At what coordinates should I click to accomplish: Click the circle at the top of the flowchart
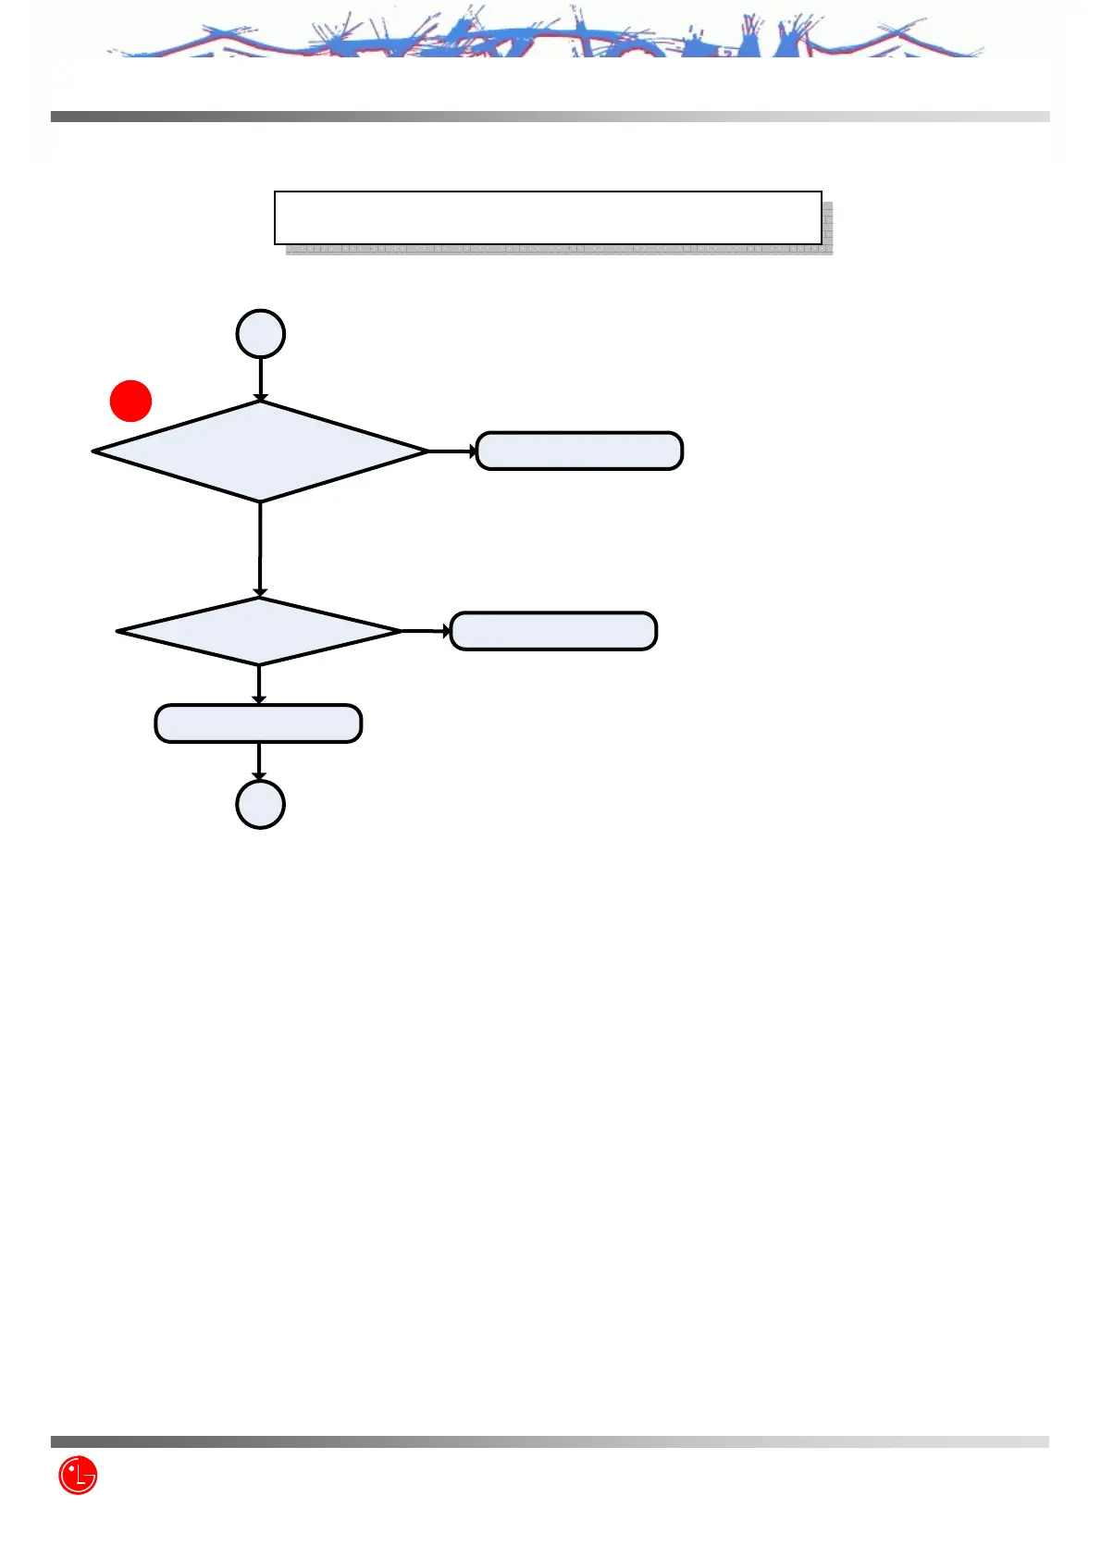click(261, 334)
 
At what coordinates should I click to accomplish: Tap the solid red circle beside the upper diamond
click(131, 401)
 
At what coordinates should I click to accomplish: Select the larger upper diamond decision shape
click(261, 451)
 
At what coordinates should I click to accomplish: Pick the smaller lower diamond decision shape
click(259, 631)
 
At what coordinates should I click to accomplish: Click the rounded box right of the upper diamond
click(579, 451)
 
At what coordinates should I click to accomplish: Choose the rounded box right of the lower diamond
click(553, 631)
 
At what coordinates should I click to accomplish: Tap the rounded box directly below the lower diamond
click(258, 723)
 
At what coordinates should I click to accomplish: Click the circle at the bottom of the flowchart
click(261, 804)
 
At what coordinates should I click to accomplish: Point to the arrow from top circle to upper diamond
click(261, 379)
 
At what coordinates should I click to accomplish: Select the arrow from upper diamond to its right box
click(452, 451)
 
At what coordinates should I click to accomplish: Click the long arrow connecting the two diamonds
click(260, 550)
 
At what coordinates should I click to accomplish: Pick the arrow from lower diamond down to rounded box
click(259, 685)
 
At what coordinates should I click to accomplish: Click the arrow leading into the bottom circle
click(259, 761)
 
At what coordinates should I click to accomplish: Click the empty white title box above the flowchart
click(548, 217)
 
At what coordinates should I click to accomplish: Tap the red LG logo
click(78, 1476)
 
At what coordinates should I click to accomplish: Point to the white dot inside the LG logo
click(71, 1468)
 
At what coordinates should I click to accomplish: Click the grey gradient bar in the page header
click(550, 117)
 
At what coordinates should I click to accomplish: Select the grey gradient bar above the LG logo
click(550, 1441)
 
